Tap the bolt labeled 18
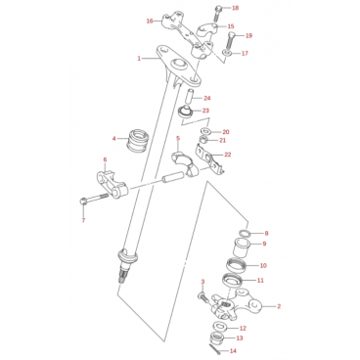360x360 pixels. click(x=218, y=14)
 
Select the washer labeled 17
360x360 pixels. click(x=227, y=52)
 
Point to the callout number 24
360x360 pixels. click(x=207, y=98)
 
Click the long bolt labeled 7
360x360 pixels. click(x=94, y=199)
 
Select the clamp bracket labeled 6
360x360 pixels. click(x=113, y=185)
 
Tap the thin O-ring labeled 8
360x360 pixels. click(x=244, y=233)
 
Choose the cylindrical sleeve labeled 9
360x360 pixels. click(x=242, y=248)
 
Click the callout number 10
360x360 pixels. click(x=263, y=265)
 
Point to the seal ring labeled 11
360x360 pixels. click(x=232, y=281)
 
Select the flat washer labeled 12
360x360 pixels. click(x=220, y=326)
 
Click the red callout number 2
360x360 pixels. click(x=279, y=306)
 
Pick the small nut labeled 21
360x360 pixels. click(x=204, y=140)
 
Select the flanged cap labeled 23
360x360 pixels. click(x=186, y=112)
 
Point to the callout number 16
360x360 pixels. click(x=150, y=22)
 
